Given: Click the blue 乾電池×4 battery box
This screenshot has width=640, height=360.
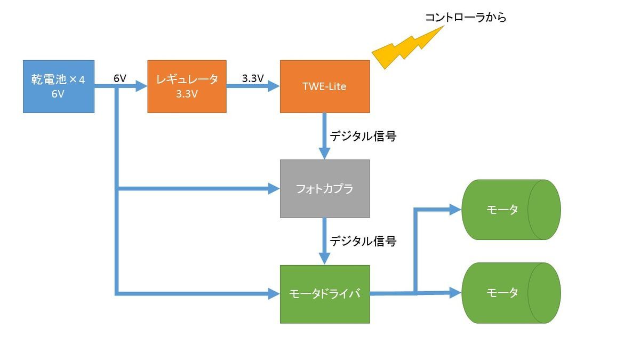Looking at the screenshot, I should tap(59, 86).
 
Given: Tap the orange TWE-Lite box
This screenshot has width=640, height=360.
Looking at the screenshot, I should tap(325, 86).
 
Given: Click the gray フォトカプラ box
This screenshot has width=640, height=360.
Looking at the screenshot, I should tap(325, 188).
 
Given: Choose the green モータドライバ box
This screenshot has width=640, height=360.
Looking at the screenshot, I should tap(325, 294).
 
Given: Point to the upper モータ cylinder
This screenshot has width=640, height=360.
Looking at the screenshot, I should tap(510, 210).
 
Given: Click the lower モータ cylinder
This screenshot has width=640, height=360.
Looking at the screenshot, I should tap(510, 293).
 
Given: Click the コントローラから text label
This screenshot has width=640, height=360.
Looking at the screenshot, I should tap(465, 18).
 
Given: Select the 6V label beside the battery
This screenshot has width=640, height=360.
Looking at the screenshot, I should tap(120, 78).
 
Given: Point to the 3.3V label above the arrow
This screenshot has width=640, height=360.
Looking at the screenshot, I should tap(253, 78).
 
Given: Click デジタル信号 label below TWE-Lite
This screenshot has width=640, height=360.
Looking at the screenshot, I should tap(363, 136).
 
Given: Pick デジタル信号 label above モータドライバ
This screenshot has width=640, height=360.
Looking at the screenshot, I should tap(363, 241).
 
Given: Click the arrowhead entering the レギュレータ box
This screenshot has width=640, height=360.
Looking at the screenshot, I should tap(141, 86).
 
